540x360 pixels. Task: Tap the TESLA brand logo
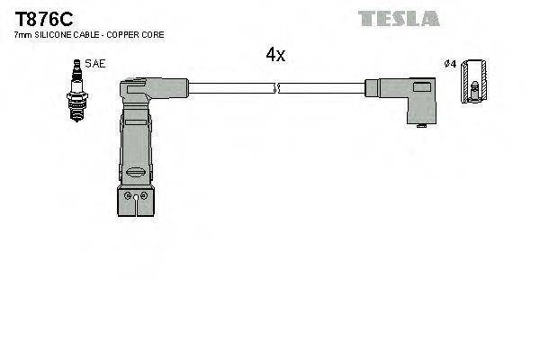(x=399, y=18)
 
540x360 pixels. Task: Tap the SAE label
(x=93, y=65)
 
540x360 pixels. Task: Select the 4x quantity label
(x=275, y=55)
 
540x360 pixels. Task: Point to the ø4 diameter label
(x=450, y=64)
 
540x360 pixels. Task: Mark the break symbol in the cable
(x=276, y=87)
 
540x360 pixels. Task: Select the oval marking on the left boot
(x=137, y=172)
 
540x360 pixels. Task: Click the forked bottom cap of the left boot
(x=138, y=202)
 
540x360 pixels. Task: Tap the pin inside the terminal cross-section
(x=474, y=89)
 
